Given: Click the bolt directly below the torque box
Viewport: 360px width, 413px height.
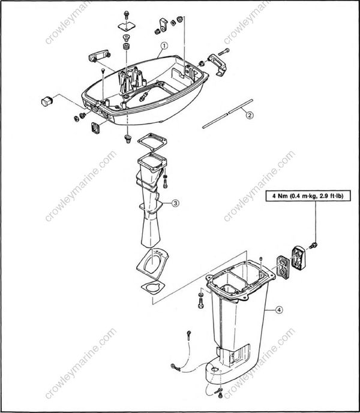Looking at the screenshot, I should pos(314,245).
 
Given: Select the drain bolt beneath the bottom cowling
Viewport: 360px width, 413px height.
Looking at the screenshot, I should pos(127,139).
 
